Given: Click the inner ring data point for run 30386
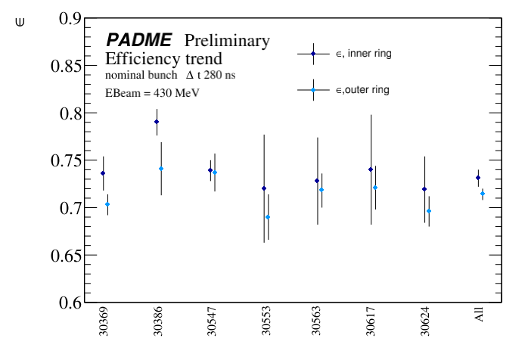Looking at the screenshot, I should point(157,122).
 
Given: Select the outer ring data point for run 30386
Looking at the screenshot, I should point(161,169).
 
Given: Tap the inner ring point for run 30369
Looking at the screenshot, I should point(103,173).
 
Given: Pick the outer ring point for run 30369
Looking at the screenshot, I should point(107,204).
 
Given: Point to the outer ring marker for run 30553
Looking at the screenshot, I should point(268,217).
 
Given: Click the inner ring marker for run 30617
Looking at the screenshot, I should point(371,169).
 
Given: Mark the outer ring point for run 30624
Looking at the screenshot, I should point(429,211).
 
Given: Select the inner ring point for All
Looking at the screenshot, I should point(478,178).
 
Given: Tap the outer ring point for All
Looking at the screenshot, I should point(483,194).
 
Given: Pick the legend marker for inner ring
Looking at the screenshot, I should point(312,54).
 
